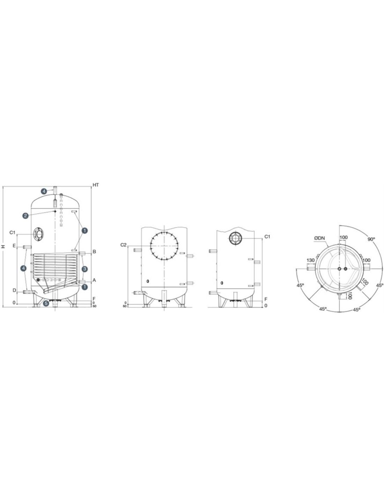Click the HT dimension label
click(x=96, y=185)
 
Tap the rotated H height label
click(x=3, y=246)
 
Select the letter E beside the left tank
click(x=14, y=246)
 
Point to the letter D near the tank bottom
click(x=14, y=290)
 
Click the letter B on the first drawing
click(x=94, y=252)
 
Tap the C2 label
click(x=123, y=245)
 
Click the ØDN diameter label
click(x=319, y=238)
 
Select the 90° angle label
click(x=371, y=239)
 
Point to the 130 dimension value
click(x=310, y=260)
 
